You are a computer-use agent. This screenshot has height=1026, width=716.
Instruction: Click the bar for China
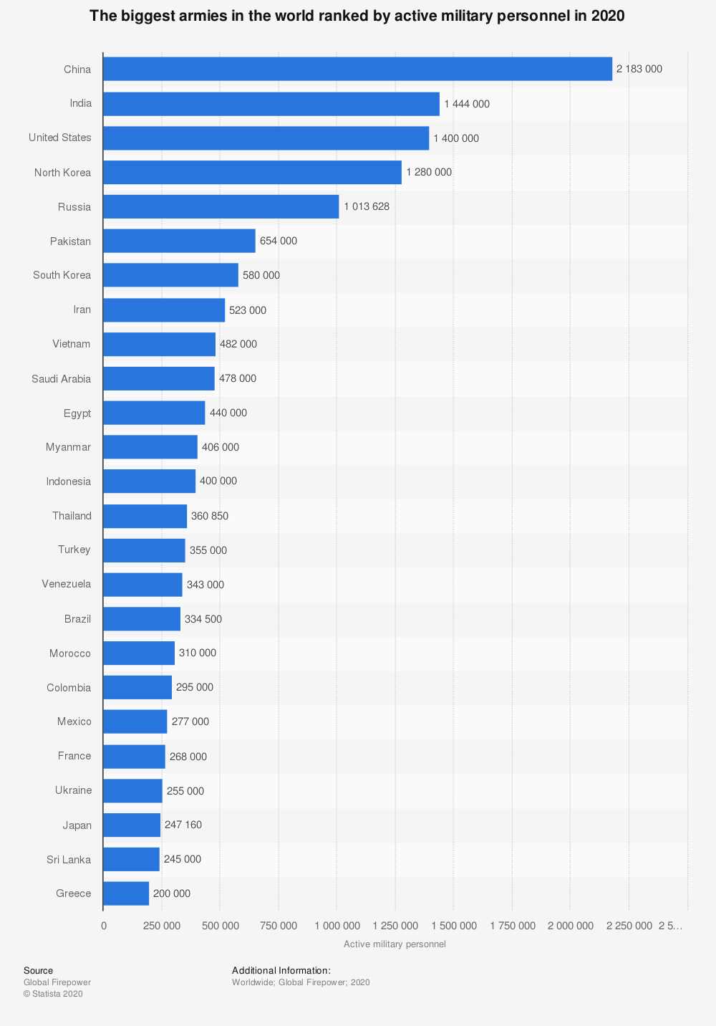point(357,69)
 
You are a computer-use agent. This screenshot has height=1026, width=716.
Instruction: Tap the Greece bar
point(126,893)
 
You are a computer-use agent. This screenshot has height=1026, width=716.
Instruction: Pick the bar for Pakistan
point(179,241)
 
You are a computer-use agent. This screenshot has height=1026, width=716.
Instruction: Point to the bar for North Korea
point(252,172)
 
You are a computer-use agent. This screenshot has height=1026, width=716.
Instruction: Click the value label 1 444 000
point(467,104)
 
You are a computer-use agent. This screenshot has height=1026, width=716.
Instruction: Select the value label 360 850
point(210,516)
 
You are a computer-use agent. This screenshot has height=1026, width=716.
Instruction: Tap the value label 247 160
point(183,825)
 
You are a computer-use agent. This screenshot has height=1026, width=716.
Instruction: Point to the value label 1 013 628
point(367,206)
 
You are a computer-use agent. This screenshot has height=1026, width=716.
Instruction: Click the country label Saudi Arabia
point(62,378)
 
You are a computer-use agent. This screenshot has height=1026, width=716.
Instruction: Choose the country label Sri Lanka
point(69,859)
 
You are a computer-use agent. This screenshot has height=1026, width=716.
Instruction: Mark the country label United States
point(60,138)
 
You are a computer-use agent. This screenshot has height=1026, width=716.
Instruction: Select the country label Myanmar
point(68,447)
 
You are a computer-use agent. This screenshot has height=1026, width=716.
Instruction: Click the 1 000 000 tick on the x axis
point(337,926)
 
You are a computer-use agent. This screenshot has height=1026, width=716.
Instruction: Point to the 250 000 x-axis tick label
point(162,926)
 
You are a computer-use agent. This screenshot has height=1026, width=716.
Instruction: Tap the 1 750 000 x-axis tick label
point(513,926)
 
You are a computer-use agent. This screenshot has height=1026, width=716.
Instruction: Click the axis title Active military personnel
point(395,944)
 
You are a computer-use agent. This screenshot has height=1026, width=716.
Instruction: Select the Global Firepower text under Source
point(57,982)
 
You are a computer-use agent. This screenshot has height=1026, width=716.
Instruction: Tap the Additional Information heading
point(281,971)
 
